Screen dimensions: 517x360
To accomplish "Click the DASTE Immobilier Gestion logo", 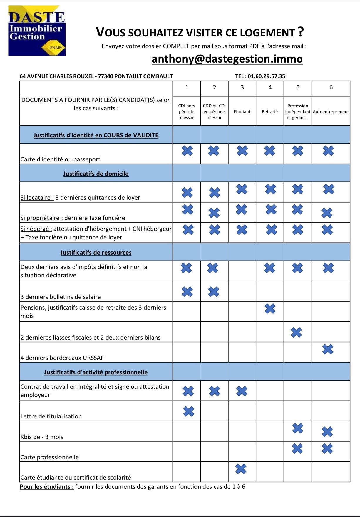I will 37,31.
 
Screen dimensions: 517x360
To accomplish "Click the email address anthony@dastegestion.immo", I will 227,59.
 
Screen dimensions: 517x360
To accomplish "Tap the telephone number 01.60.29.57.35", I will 266,76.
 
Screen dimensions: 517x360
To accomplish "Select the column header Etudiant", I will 242,112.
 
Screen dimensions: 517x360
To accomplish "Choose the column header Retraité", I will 270,112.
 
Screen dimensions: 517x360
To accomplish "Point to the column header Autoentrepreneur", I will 331,112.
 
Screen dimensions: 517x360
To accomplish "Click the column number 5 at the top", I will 298,87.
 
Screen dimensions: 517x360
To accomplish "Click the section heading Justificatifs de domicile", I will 96,174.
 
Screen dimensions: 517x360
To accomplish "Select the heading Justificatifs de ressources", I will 96,252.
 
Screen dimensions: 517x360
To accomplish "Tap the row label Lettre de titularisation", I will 51,416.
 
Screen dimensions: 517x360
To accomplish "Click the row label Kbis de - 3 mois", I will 42,437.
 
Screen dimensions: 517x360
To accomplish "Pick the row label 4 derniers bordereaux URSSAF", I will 62,358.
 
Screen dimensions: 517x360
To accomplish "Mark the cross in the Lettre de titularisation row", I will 189,411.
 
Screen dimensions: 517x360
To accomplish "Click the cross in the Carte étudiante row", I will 241,469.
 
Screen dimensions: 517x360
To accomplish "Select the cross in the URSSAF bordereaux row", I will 328,349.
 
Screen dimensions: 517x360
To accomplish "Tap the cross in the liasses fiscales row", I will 296,332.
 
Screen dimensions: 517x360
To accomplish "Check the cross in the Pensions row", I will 270,308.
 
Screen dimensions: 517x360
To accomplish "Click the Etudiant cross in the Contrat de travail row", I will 242,391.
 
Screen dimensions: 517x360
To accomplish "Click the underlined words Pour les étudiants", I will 47,487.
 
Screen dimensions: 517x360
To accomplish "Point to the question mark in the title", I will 300,31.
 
